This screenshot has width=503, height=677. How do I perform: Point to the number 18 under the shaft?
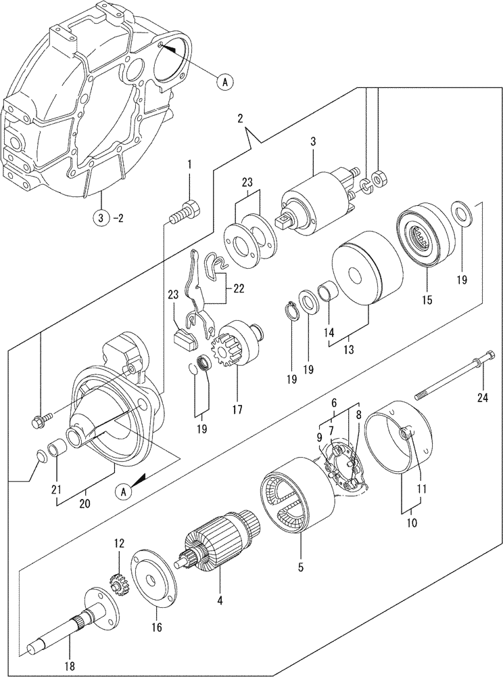pyautogui.click(x=72, y=668)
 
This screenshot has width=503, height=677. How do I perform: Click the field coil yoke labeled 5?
pyautogui.click(x=297, y=502)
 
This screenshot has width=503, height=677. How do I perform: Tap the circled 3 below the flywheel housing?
pyautogui.click(x=99, y=218)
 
